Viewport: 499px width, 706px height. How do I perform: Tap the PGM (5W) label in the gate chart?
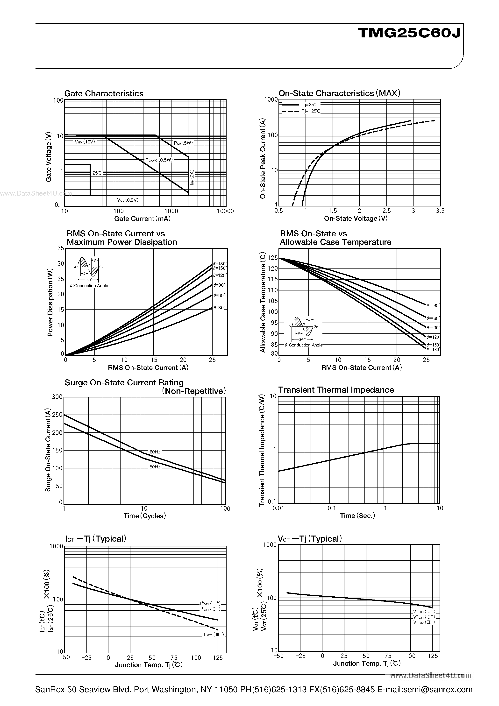pos(183,143)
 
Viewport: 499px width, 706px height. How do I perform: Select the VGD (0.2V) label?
pos(128,200)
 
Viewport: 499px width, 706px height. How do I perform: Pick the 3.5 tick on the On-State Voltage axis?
pos(440,211)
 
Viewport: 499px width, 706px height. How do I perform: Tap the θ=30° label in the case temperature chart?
pos(433,305)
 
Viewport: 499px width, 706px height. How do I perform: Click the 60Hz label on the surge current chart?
pos(155,452)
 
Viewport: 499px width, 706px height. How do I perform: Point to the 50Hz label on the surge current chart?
pos(155,467)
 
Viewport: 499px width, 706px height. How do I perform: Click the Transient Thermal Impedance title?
pos(336,390)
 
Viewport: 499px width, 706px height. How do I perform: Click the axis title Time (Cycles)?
pos(145,516)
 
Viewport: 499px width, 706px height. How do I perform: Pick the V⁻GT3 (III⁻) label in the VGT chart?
pos(424,622)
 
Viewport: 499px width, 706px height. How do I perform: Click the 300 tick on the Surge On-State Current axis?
pos(57,397)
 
